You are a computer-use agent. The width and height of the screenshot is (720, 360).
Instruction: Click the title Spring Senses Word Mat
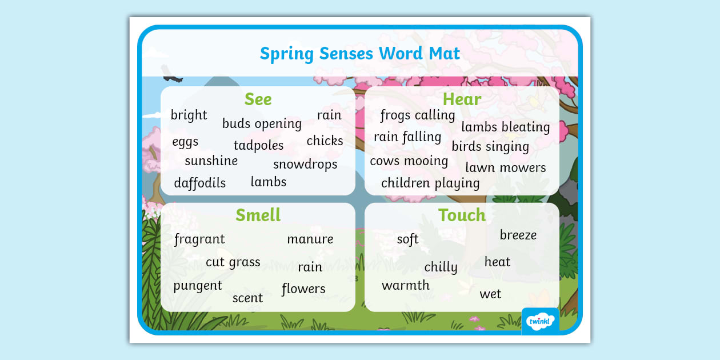[x=359, y=54]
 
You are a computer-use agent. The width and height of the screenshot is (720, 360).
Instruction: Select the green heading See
[x=258, y=99]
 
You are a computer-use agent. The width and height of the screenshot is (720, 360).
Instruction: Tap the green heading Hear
[x=462, y=99]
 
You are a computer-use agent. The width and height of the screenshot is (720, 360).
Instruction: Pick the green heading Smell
[x=258, y=215]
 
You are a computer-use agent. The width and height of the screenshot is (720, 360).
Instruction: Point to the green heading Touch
[x=462, y=215]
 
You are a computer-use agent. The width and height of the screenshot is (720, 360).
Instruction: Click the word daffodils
[x=199, y=183]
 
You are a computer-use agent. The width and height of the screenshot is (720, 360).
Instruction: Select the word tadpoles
[x=258, y=146]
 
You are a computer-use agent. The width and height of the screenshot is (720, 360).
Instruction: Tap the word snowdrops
[x=305, y=165]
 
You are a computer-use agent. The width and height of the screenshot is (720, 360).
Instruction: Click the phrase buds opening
[x=262, y=124]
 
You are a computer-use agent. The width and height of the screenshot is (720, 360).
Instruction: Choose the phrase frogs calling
[x=417, y=115]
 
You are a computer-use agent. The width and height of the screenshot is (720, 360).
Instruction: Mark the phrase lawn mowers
[x=505, y=168]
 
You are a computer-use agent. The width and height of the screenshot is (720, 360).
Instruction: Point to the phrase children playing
[x=430, y=183]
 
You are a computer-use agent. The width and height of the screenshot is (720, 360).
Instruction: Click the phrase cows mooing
[x=409, y=161]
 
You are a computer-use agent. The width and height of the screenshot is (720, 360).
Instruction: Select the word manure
[x=310, y=239]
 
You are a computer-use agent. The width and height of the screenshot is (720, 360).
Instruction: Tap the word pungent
[x=198, y=286]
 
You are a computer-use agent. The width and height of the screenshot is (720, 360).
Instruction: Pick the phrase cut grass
[x=233, y=262]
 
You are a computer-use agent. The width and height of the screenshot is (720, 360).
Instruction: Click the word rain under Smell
[x=310, y=267]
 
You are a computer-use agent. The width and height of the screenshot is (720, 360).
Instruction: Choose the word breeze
[x=518, y=235]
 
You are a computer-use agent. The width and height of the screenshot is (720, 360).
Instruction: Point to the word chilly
[x=441, y=267]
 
